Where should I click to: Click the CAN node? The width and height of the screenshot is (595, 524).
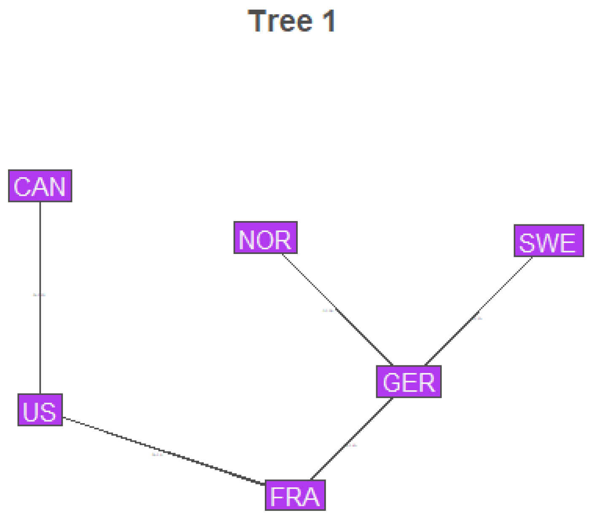pyautogui.click(x=40, y=186)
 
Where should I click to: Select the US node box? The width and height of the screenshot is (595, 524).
pyautogui.click(x=40, y=410)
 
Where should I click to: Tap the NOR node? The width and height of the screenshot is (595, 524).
pyautogui.click(x=265, y=238)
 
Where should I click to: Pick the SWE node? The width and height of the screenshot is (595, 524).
pyautogui.click(x=549, y=241)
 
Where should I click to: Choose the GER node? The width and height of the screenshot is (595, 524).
pyautogui.click(x=409, y=382)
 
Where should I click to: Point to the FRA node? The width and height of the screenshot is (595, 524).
pyautogui.click(x=295, y=495)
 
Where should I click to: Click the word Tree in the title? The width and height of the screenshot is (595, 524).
pyautogui.click(x=280, y=21)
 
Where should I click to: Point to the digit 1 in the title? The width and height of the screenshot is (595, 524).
pyautogui.click(x=329, y=21)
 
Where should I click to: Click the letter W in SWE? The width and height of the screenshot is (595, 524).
pyautogui.click(x=547, y=243)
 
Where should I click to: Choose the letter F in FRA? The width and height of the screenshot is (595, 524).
pyautogui.click(x=277, y=497)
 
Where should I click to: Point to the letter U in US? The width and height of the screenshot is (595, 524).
pyautogui.click(x=31, y=412)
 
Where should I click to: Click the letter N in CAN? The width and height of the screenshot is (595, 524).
pyautogui.click(x=58, y=187)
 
